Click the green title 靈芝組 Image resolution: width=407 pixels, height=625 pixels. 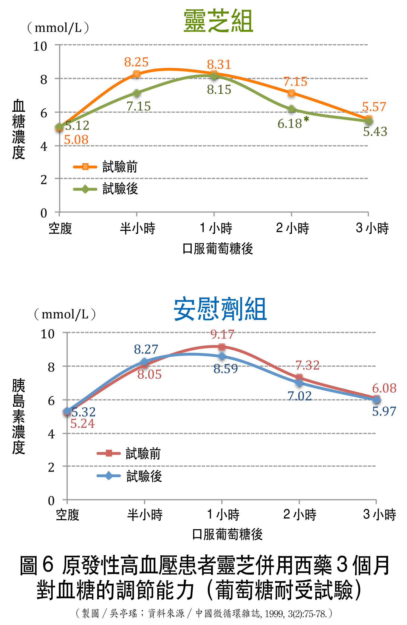(218, 21)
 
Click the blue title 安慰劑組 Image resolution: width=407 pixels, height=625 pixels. (220, 309)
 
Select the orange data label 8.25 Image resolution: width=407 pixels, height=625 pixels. (136, 62)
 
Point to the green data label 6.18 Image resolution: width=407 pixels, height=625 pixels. (290, 124)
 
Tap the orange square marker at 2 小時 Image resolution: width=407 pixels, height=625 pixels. (291, 93)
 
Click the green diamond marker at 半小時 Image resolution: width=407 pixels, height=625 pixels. (136, 93)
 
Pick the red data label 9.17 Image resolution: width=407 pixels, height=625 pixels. (222, 334)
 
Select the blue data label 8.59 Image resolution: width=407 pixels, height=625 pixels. (225, 369)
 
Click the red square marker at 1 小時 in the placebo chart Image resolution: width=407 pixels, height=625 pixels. (222, 347)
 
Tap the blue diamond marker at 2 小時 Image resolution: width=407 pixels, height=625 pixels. (299, 383)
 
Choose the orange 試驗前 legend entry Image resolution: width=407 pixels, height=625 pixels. (106, 167)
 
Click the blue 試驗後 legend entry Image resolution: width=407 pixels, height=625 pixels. (130, 476)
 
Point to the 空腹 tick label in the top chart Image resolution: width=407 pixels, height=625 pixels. (60, 228)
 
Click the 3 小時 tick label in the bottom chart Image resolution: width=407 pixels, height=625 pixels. (379, 514)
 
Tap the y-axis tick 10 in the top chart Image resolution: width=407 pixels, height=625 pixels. (40, 46)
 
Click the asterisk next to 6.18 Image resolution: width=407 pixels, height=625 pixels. (306, 119)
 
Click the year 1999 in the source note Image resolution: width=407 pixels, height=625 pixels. (275, 614)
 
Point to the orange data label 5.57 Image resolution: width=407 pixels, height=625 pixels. (374, 107)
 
